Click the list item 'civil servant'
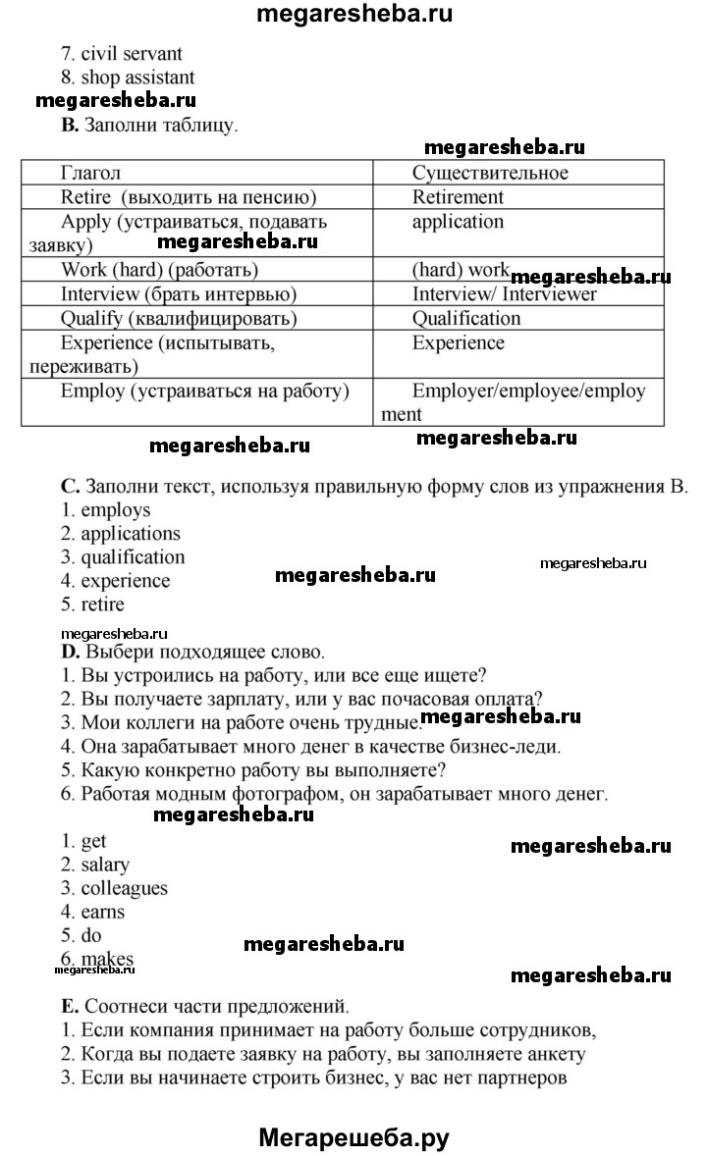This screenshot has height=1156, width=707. [122, 54]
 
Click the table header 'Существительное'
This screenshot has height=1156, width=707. [490, 173]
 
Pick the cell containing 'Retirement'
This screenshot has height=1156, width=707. [458, 196]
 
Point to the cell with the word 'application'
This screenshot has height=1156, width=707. [458, 222]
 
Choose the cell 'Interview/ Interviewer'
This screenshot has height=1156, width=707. [504, 293]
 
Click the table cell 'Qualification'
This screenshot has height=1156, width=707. [466, 318]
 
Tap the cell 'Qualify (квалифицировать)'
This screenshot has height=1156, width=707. [179, 318]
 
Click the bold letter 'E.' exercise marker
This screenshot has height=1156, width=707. [69, 1006]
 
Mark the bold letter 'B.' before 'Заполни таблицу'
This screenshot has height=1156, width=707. [69, 125]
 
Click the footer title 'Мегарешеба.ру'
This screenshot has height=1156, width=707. [353, 1137]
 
